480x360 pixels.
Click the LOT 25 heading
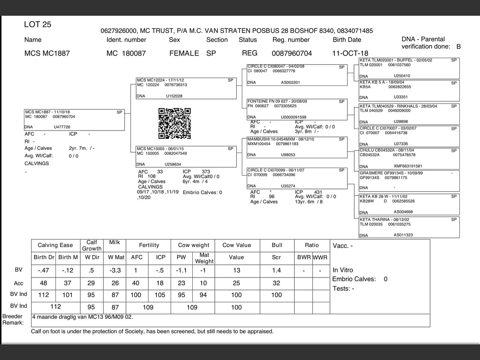pos(37,25)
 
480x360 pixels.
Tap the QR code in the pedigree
pos(174,123)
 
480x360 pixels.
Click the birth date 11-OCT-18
pos(350,53)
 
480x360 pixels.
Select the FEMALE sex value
pos(184,53)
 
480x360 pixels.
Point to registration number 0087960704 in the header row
pos(292,53)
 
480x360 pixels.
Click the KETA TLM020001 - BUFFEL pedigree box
pos(409,68)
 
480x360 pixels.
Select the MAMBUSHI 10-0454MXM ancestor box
pos(297,147)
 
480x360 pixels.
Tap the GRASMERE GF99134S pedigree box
pos(409,181)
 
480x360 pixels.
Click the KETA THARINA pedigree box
pos(409,227)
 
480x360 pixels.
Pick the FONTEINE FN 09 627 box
pos(297,109)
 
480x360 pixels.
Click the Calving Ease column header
pos(55,245)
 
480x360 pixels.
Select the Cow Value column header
pos(236,245)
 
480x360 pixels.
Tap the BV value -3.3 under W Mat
pos(115,270)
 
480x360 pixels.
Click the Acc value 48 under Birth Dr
pos(43,283)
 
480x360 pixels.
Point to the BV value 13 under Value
pos(236,270)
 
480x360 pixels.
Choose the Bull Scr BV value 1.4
pos(276,270)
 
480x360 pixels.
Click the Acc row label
pos(18,283)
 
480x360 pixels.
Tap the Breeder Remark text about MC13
pos(82,317)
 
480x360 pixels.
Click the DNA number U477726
pos(62,127)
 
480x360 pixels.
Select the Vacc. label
pos(342,246)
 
